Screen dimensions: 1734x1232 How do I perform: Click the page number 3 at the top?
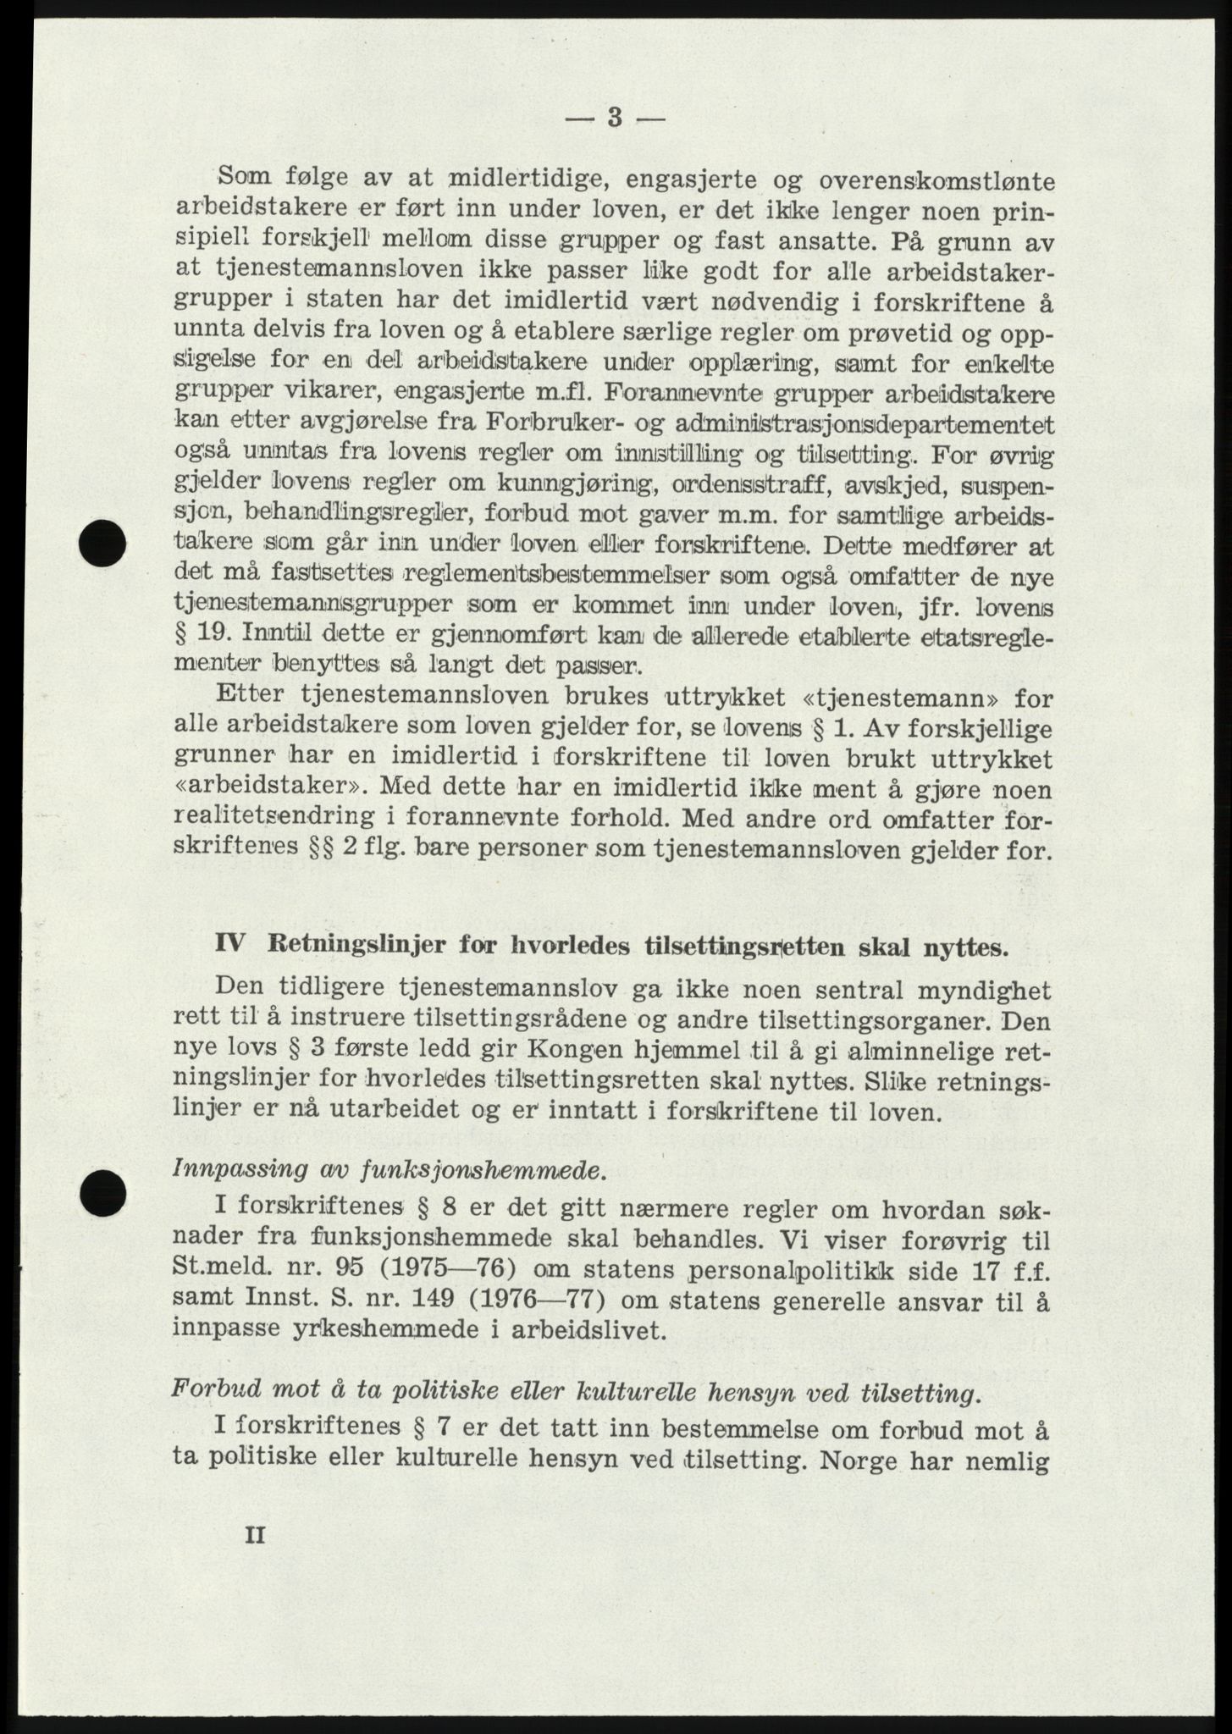[x=616, y=119]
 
